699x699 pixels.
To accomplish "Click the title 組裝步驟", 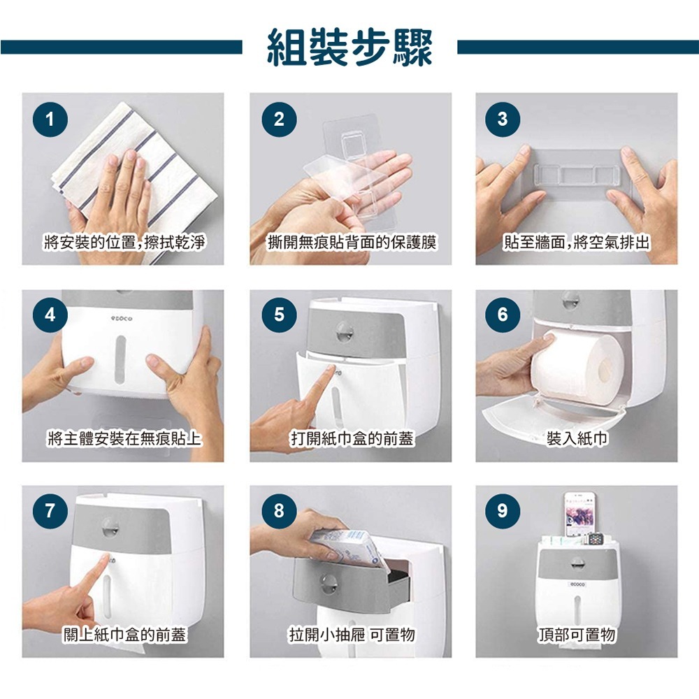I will pyautogui.click(x=349, y=47).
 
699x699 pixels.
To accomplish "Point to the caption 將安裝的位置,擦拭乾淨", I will pyautogui.click(x=124, y=243).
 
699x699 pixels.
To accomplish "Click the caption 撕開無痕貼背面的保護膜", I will pyautogui.click(x=352, y=243).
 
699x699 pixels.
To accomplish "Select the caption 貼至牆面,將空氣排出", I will pyautogui.click(x=577, y=243).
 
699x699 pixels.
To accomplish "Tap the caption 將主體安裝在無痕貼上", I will pyautogui.click(x=124, y=439).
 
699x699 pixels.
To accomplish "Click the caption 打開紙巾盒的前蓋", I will pyautogui.click(x=352, y=439).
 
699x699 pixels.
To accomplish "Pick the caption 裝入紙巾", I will pyautogui.click(x=577, y=439).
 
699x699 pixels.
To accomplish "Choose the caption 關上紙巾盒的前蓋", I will pyautogui.click(x=124, y=635).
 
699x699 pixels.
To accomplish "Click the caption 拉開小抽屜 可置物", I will pyautogui.click(x=352, y=635).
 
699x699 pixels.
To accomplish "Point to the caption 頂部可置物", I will pyautogui.click(x=577, y=635).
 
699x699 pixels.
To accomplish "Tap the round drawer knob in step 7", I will pyautogui.click(x=109, y=526).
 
